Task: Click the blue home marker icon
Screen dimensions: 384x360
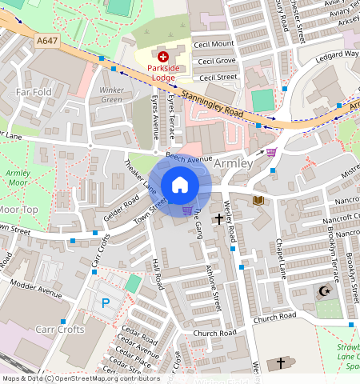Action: pos(180,186)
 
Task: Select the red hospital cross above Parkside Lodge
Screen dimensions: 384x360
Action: pos(164,56)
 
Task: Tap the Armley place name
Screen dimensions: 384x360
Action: pos(234,163)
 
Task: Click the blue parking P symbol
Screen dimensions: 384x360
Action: pos(106,303)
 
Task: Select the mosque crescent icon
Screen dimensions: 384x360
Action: pos(324,292)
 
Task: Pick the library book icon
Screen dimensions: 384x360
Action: pos(258,200)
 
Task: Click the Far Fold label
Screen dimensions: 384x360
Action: pos(34,93)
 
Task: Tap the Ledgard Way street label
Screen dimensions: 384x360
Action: pos(335,54)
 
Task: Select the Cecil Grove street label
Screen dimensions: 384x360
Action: pos(217,61)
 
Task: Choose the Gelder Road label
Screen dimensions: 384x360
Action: pos(122,211)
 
